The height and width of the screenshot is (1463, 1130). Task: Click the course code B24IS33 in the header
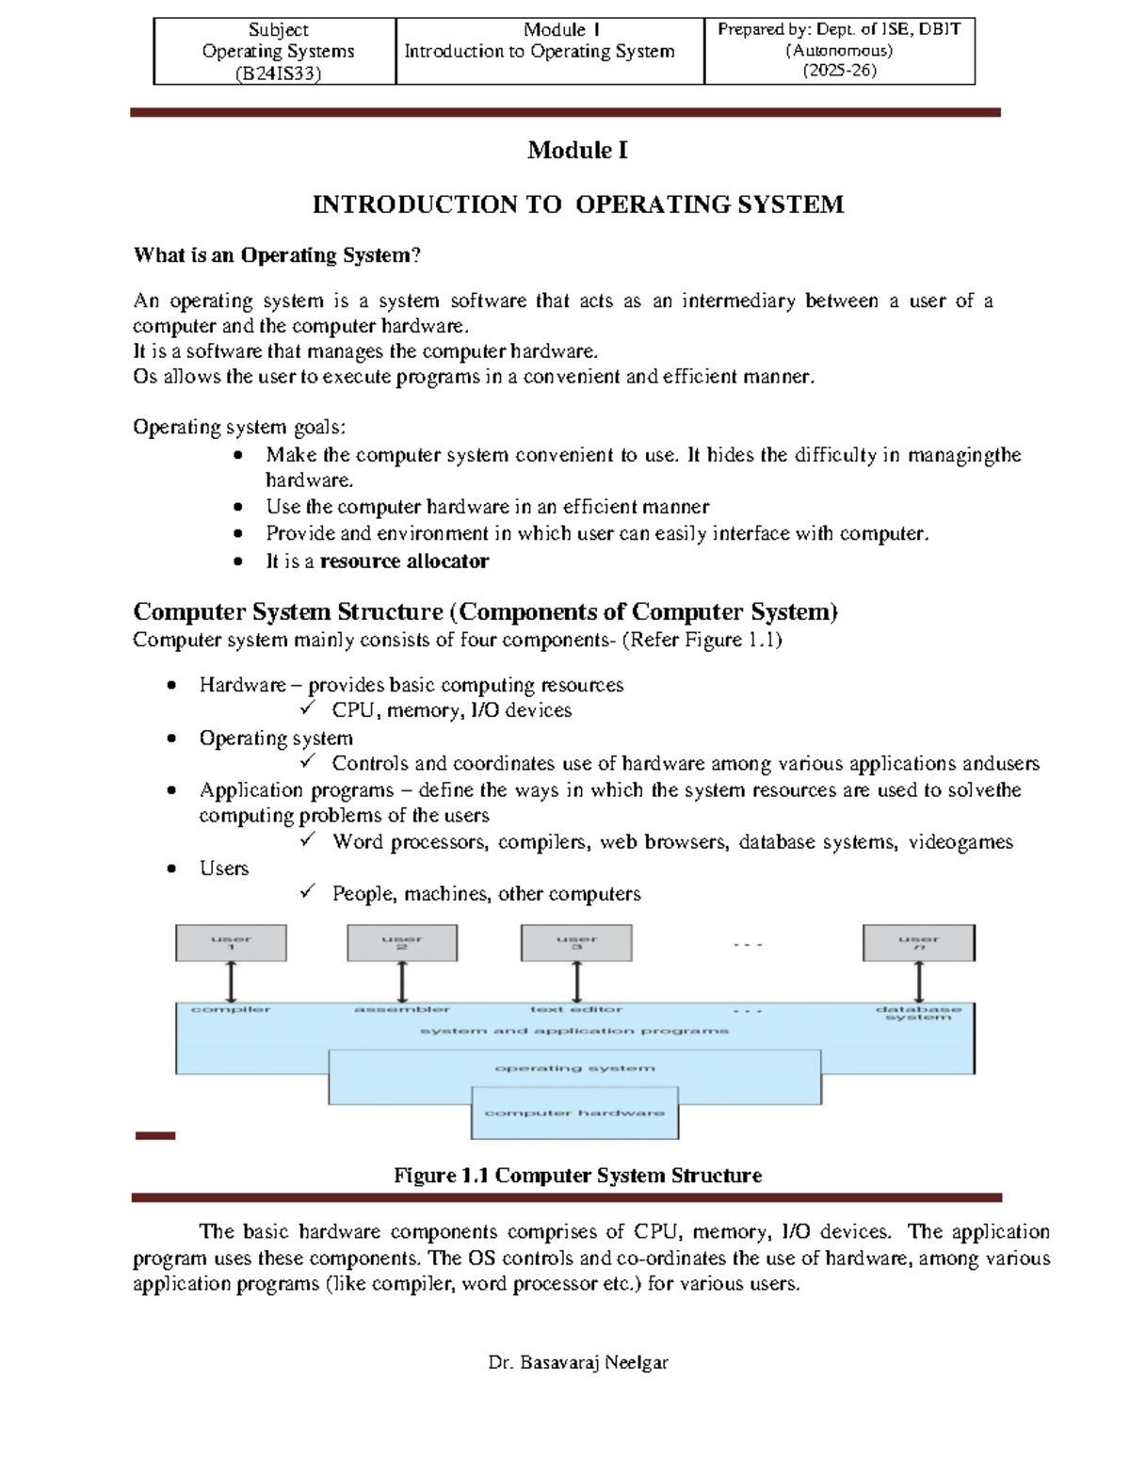click(x=278, y=73)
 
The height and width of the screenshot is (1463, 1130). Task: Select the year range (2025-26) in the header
click(x=839, y=71)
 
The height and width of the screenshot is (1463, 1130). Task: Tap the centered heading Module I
click(x=577, y=150)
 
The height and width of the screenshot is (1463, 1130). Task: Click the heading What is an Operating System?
click(x=277, y=255)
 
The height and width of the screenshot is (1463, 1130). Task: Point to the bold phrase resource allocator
click(x=404, y=561)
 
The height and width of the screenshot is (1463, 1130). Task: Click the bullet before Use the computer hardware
click(x=238, y=507)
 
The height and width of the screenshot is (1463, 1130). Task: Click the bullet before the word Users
click(x=171, y=869)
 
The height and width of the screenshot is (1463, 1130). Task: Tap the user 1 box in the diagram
click(x=231, y=942)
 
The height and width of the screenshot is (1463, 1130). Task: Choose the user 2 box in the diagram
click(x=402, y=942)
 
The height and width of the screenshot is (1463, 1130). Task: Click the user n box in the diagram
click(x=918, y=942)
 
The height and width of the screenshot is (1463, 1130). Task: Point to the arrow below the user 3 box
click(x=576, y=982)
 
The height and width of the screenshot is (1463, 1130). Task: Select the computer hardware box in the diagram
click(x=574, y=1114)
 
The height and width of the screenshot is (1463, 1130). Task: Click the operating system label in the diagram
click(x=574, y=1068)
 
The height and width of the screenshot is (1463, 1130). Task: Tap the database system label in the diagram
click(x=918, y=1013)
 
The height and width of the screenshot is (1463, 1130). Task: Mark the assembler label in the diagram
click(x=402, y=1009)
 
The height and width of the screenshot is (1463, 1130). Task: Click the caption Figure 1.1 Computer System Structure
click(x=577, y=1176)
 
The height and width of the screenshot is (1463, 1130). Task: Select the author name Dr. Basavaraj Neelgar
click(x=578, y=1362)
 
